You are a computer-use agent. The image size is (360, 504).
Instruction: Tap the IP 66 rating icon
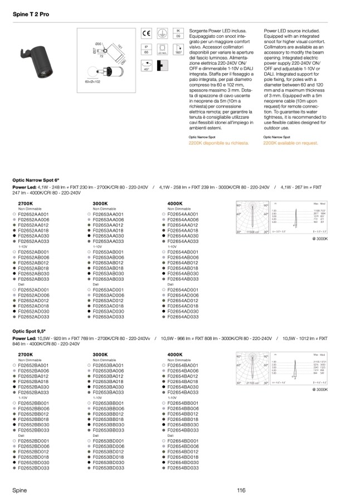[147, 49]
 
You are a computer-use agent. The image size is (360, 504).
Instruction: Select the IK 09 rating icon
[179, 33]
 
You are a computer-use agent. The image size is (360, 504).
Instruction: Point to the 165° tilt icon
[179, 50]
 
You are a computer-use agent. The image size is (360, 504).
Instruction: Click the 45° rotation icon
[147, 66]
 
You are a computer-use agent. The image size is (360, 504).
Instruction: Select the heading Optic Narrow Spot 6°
[35, 181]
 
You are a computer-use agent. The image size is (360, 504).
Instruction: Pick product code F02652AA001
[33, 214]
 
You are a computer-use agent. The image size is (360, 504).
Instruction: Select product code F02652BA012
[33, 376]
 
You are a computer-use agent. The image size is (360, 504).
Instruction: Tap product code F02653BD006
[108, 446]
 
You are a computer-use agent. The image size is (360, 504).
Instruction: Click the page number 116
[240, 490]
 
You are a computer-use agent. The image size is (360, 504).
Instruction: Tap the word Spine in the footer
[20, 490]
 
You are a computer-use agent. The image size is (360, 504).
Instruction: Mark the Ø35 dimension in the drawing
[98, 43]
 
